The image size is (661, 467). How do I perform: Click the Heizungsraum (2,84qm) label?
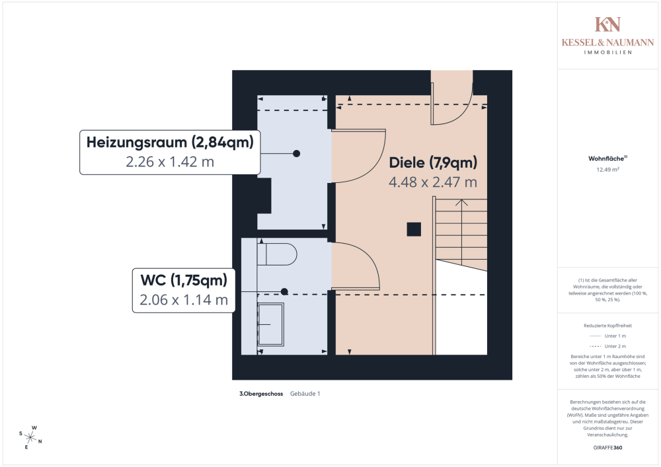(x=170, y=141)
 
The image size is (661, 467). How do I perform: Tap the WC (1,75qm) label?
(x=179, y=280)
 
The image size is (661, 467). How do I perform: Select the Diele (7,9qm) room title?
(x=433, y=162)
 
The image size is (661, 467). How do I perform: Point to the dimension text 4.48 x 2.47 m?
(x=433, y=182)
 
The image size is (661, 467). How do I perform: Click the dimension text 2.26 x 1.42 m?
(x=170, y=162)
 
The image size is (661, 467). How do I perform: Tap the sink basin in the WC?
(x=270, y=324)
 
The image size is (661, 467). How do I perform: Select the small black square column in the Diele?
(x=414, y=229)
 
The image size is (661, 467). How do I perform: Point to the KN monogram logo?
(x=607, y=24)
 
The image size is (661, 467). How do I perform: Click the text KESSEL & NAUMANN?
(x=607, y=42)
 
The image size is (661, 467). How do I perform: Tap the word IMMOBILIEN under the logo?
(x=607, y=52)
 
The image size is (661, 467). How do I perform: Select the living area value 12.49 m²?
(x=607, y=169)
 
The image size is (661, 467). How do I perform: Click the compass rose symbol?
(x=31, y=436)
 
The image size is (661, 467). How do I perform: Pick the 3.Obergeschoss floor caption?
(x=261, y=394)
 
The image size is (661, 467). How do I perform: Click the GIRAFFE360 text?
(x=607, y=447)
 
